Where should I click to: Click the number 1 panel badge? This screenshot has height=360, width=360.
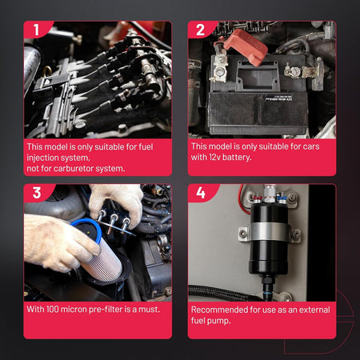(37, 30)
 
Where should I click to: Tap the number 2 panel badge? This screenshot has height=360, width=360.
(201, 30)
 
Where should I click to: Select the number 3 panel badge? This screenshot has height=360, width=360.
(37, 193)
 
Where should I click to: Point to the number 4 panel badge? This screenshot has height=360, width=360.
(201, 193)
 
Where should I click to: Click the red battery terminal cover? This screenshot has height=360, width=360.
(245, 47)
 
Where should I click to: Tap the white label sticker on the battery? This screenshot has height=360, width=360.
(278, 98)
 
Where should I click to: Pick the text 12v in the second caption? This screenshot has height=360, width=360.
(214, 157)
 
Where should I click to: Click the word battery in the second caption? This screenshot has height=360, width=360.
(237, 158)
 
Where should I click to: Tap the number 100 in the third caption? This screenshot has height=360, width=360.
(52, 310)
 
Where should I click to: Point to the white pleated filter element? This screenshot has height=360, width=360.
(103, 262)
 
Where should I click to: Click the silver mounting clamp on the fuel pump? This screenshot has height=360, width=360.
(270, 231)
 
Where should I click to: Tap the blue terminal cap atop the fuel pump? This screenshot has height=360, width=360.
(282, 199)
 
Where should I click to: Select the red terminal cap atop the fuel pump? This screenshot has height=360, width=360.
(258, 199)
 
